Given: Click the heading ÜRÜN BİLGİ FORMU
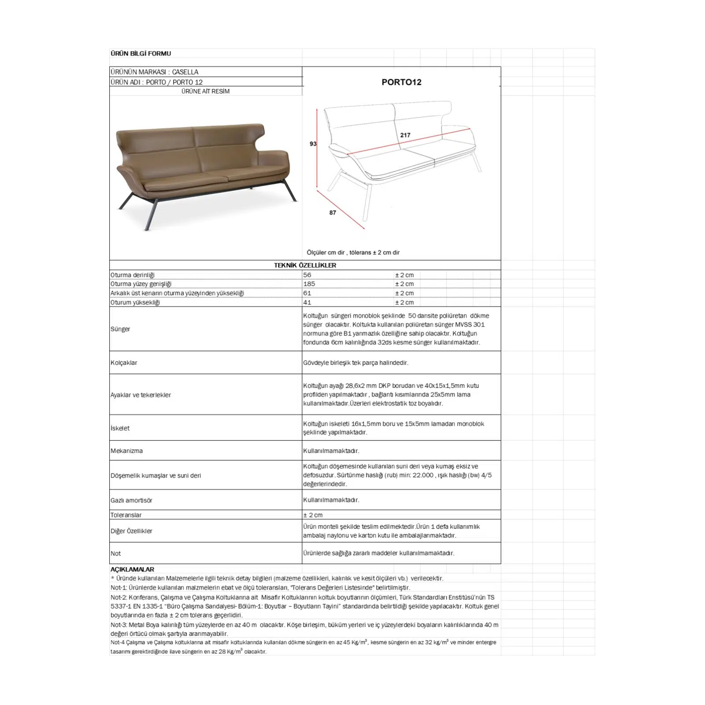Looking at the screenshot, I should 141,53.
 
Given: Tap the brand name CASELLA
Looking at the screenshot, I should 185,72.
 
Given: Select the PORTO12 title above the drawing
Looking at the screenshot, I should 401,82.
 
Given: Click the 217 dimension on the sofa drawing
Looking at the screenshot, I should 405,135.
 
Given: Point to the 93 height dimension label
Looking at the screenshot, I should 313,144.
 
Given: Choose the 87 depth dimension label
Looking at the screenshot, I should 333,213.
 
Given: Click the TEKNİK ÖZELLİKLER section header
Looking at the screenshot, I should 305,265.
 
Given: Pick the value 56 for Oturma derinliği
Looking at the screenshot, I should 307,275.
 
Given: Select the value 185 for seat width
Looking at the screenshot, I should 309,284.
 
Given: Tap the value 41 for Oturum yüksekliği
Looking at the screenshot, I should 307,302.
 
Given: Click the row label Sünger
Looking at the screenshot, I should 120,329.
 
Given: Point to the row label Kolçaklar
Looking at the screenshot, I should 124,363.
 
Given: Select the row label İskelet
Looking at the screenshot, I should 120,428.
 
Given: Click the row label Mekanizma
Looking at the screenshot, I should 126,451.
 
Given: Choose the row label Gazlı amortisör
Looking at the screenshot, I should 131,500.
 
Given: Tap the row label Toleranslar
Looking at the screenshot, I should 126,515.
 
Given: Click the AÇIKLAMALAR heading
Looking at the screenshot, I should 132,569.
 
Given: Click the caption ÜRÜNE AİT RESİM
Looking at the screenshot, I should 205,91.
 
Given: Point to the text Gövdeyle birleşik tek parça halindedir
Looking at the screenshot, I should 356,363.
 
